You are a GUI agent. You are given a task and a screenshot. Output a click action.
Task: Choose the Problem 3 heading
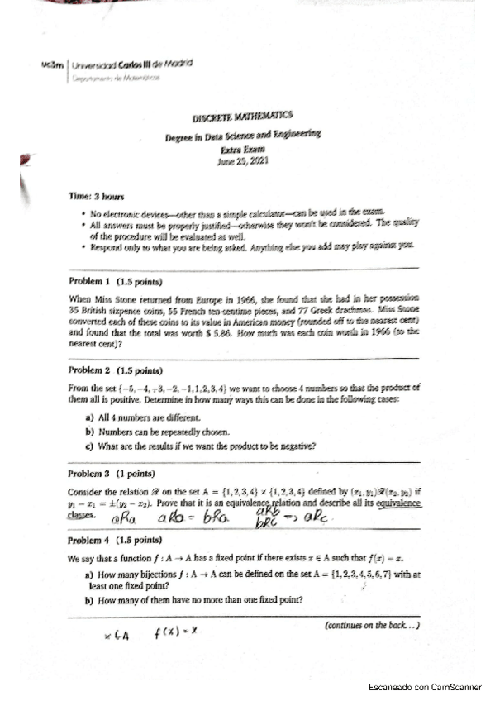tap(103, 474)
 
